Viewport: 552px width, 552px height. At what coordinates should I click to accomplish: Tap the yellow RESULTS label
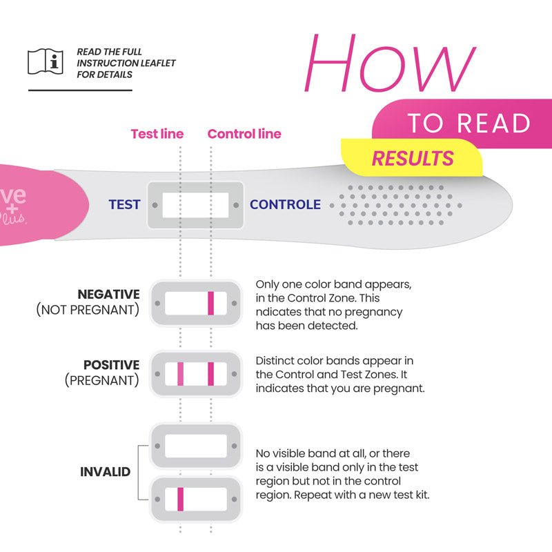[413, 158]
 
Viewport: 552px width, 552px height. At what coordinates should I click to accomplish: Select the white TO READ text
[469, 123]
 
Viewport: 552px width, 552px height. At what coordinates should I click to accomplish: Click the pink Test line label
[157, 134]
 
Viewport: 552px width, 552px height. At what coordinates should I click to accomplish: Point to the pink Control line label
[244, 134]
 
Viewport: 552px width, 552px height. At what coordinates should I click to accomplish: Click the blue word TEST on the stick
[124, 205]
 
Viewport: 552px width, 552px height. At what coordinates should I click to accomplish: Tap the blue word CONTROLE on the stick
[285, 205]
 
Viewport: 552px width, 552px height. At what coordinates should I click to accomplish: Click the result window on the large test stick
[195, 205]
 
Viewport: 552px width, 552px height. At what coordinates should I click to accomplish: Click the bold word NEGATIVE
[108, 295]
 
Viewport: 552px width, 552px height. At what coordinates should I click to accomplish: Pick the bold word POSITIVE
[111, 365]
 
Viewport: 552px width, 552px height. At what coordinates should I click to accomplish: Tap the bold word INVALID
[106, 473]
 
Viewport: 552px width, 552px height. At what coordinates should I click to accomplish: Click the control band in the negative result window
[211, 304]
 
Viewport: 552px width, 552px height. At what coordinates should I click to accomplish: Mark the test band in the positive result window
[180, 374]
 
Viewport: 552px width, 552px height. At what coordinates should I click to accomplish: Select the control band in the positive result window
[211, 374]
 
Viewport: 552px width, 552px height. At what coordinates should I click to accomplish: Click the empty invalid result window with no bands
[195, 446]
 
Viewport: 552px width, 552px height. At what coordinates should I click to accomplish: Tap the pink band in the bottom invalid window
[180, 497]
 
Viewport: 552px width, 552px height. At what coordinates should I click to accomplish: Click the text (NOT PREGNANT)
[88, 310]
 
